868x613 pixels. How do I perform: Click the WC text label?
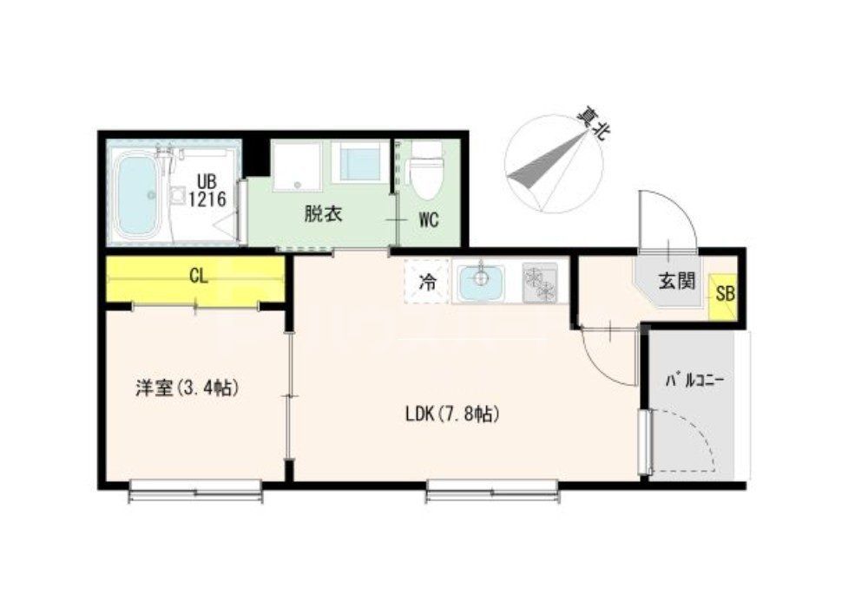point(429,220)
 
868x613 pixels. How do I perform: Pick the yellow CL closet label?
point(197,277)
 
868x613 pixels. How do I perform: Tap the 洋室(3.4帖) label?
point(186,388)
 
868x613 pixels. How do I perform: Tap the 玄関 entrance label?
point(676,281)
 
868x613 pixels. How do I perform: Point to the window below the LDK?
point(492,494)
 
